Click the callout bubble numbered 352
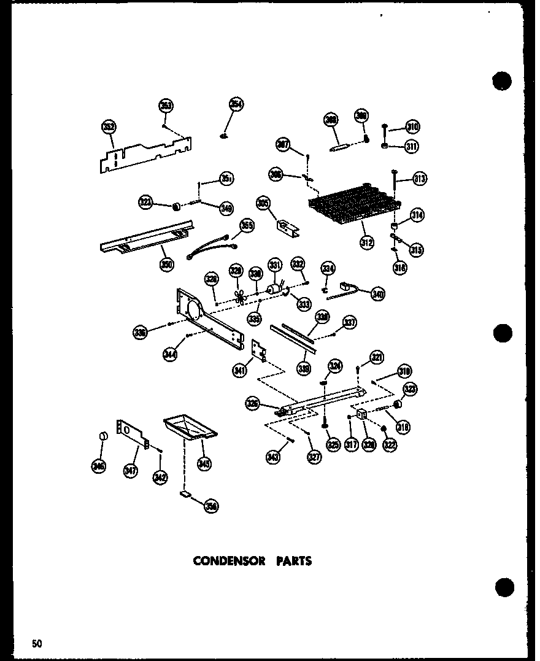pos(109,127)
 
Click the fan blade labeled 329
pos(241,295)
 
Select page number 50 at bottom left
pos(37,643)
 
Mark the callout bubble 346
pos(98,466)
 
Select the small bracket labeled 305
pos(286,226)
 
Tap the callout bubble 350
pos(167,265)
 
